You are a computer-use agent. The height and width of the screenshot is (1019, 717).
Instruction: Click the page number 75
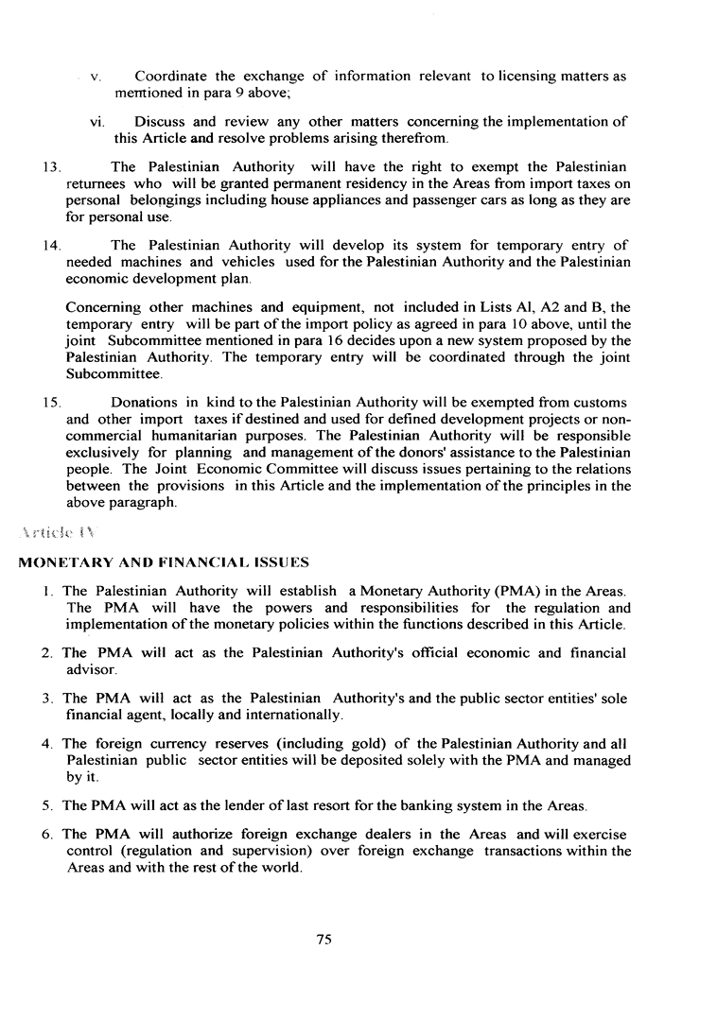click(324, 939)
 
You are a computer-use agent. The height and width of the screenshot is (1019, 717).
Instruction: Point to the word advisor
click(91, 669)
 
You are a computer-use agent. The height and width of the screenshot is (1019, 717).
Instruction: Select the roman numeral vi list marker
click(96, 121)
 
